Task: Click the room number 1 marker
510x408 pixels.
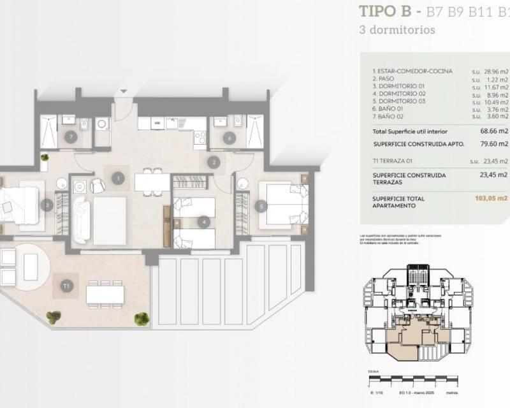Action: [118, 178]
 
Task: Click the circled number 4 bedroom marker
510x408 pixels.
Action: [203, 222]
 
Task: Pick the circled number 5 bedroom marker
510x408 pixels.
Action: [261, 206]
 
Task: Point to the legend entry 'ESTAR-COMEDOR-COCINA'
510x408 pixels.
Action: [408, 71]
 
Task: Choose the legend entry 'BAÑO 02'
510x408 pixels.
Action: [391, 116]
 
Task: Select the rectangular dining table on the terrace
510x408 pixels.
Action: [105, 294]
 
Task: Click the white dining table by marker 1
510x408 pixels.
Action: [152, 182]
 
